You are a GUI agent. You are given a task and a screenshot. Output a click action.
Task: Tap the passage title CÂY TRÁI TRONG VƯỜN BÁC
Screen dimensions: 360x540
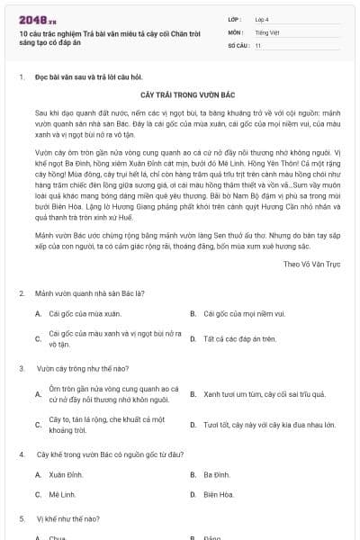[180, 94]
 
